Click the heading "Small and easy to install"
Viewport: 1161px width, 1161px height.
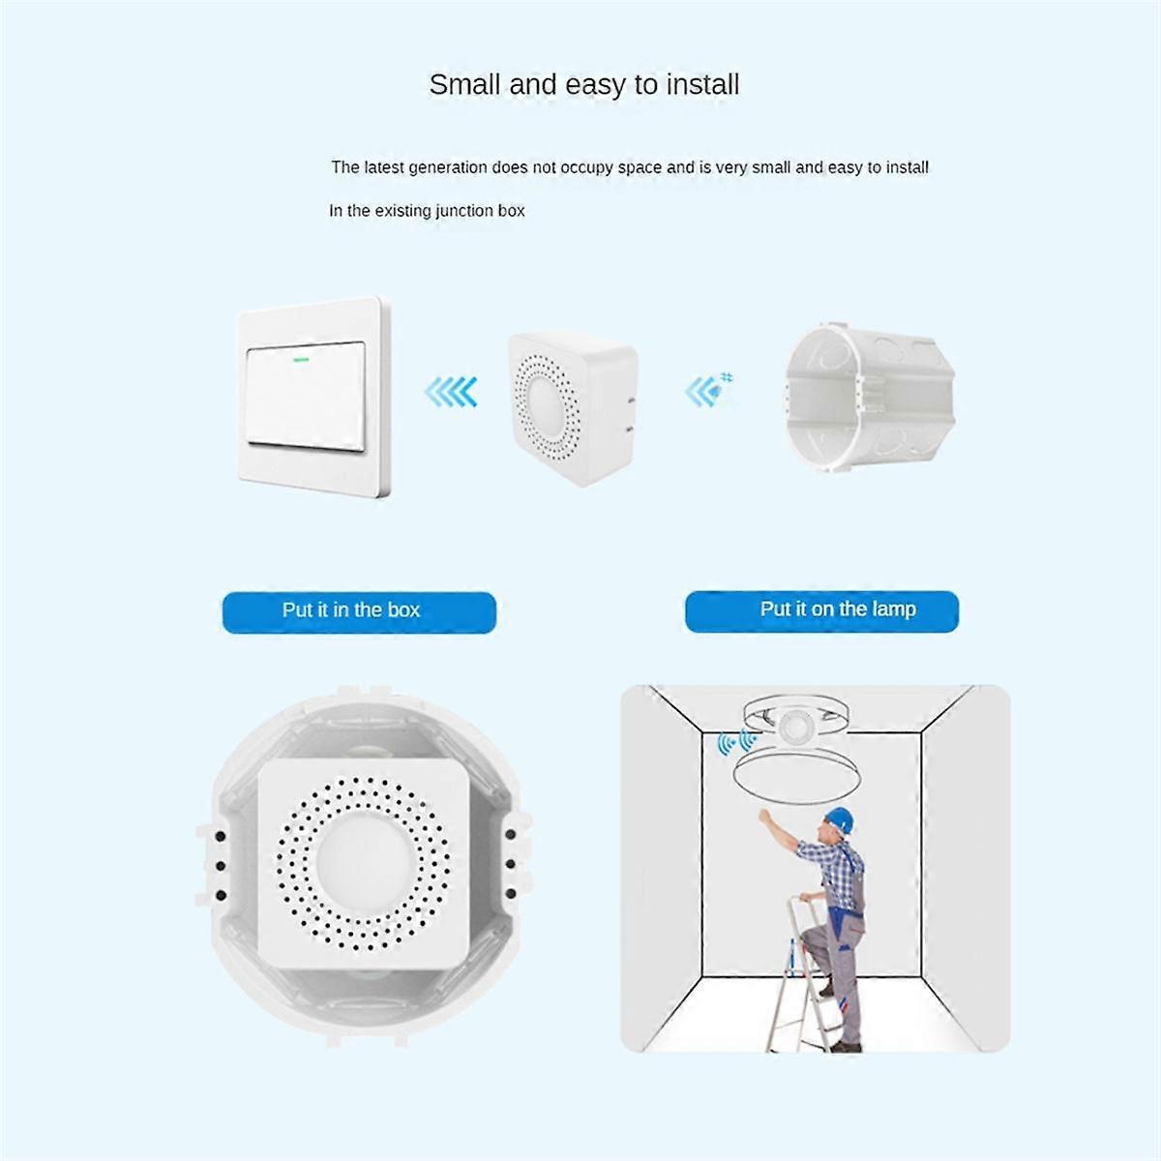[583, 85]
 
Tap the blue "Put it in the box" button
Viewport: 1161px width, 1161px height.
[358, 611]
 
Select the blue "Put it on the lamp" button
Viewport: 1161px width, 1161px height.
[821, 610]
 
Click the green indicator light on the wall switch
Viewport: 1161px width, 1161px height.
[299, 359]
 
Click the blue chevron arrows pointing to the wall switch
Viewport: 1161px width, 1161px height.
[451, 392]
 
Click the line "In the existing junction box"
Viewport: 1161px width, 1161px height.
[427, 211]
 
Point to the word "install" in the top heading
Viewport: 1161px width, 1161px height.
[702, 85]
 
